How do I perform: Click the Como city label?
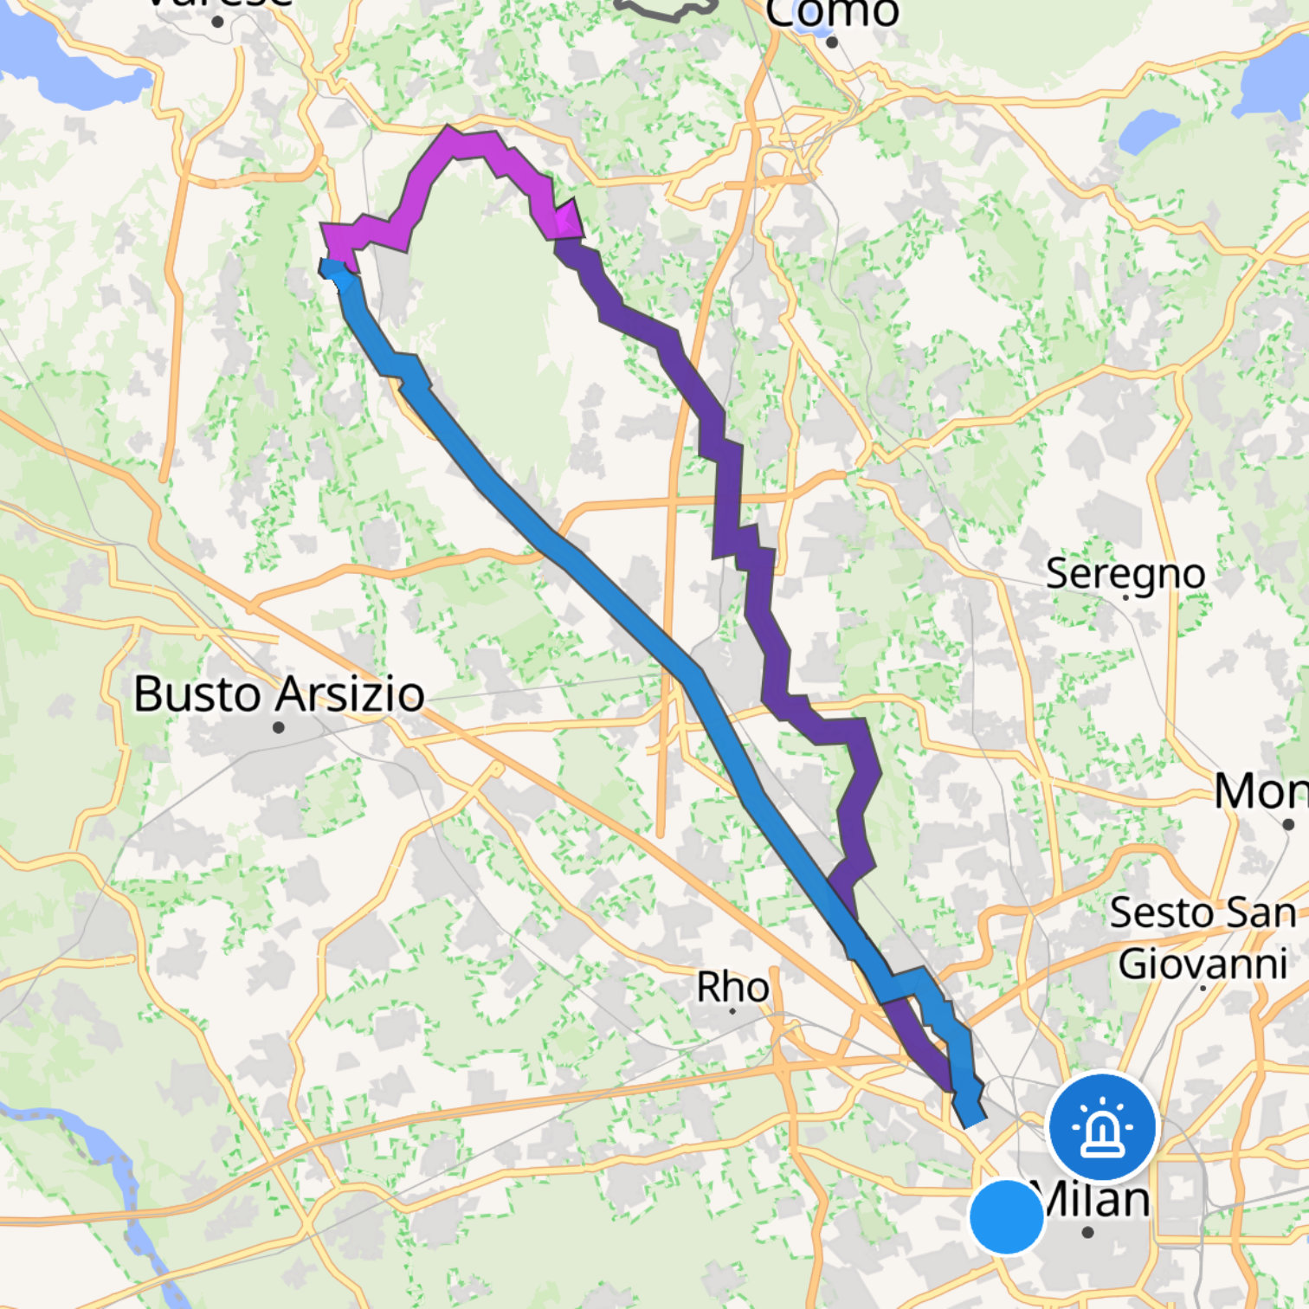coord(831,13)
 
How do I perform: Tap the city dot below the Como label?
coord(831,42)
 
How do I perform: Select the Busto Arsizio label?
coord(279,694)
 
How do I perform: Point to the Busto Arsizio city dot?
coord(278,727)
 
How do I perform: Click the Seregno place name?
coord(1125,573)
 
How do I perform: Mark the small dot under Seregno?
coord(1125,597)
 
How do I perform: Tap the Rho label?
coord(732,987)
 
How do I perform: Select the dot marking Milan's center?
coord(1088,1232)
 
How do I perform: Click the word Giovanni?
coord(1203,964)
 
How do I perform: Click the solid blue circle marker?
coord(1007,1216)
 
